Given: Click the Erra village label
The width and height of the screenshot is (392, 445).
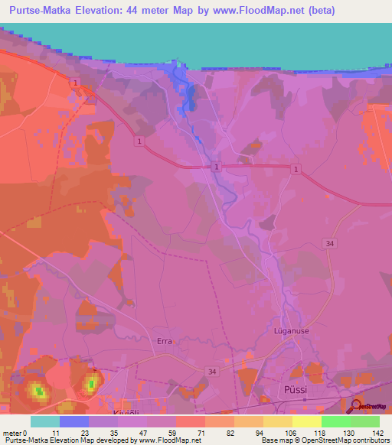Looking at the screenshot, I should pyautogui.click(x=164, y=343).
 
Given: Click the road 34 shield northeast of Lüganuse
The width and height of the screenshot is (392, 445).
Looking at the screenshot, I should pyautogui.click(x=329, y=244).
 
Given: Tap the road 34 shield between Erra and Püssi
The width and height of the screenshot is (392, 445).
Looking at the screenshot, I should pyautogui.click(x=211, y=371).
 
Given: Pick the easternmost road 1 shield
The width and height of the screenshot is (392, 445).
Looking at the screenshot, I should pyautogui.click(x=295, y=167).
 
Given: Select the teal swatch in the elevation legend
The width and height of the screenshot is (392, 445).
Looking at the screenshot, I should pyautogui.click(x=45, y=421).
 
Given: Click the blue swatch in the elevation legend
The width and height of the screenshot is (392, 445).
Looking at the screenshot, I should pyautogui.click(x=74, y=421).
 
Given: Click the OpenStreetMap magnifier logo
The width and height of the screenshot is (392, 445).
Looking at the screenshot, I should pyautogui.click(x=357, y=406).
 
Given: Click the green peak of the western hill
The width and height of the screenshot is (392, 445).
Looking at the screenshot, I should pyautogui.click(x=38, y=391).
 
